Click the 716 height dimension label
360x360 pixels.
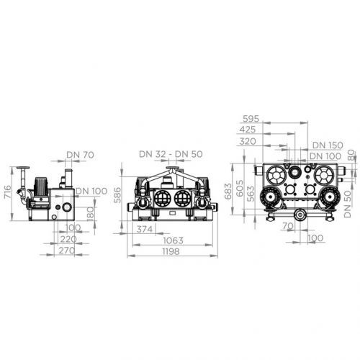(7, 192)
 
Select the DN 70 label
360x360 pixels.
(80, 155)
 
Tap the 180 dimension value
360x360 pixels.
(90, 213)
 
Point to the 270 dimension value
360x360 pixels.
(67, 251)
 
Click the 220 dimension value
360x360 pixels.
(68, 239)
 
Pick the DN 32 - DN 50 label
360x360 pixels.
(171, 154)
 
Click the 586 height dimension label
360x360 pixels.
(117, 195)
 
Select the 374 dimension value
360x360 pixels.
(145, 229)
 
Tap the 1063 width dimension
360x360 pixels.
(173, 240)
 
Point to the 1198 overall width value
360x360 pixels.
(171, 251)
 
